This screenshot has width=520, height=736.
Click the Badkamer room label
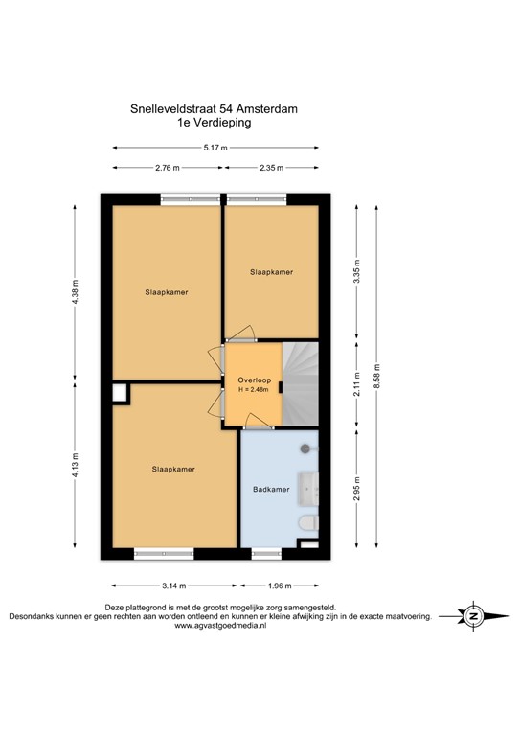(x=270, y=489)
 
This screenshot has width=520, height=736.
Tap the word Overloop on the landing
(x=254, y=380)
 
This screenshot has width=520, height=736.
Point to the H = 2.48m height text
(x=255, y=391)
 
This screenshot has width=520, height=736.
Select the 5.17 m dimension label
(x=216, y=148)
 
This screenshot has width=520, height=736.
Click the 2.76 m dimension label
(x=168, y=169)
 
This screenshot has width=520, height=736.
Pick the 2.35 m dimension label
(x=272, y=169)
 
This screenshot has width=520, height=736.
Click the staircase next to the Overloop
(x=300, y=383)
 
